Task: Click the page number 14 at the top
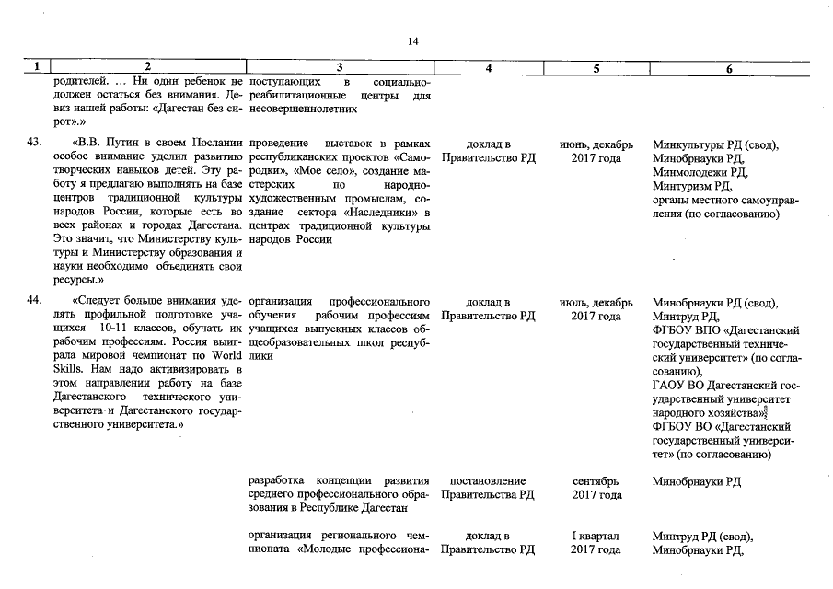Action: tap(412, 41)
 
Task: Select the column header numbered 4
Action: tap(488, 67)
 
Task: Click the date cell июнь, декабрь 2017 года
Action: tap(596, 151)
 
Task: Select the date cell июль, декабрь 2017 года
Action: tap(596, 309)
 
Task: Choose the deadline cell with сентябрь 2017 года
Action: tap(596, 488)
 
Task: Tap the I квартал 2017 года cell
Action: tap(596, 543)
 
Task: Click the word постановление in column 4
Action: tap(488, 481)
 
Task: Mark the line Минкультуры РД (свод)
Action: tap(714, 144)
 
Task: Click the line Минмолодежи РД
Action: tap(699, 172)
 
